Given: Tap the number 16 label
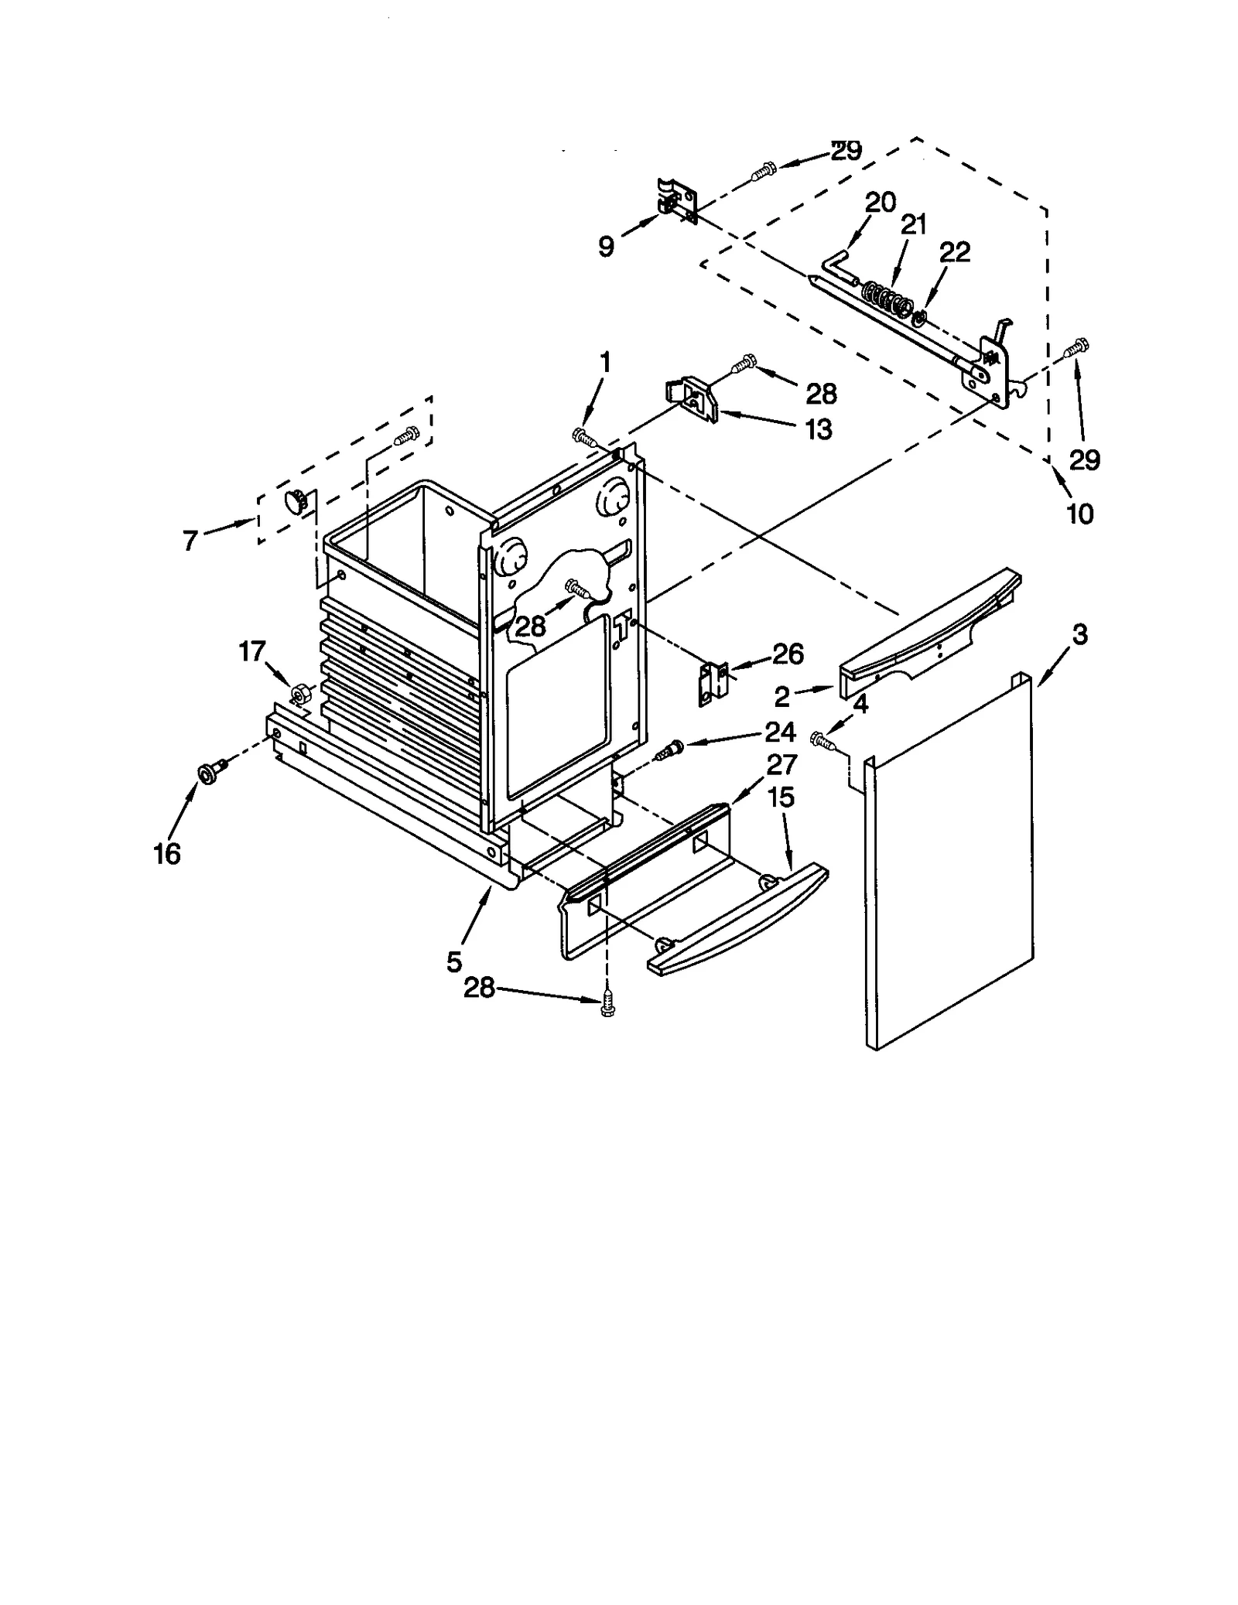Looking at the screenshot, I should click(167, 854).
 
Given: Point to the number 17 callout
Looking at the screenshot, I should click(252, 651).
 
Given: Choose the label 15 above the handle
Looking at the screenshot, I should click(781, 797).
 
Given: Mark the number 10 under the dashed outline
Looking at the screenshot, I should click(1080, 513).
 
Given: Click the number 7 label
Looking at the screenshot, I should click(190, 541).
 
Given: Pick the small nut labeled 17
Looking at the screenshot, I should click(298, 692).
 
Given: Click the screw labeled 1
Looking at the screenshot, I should click(583, 438).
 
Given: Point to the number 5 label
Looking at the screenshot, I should click(454, 961).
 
